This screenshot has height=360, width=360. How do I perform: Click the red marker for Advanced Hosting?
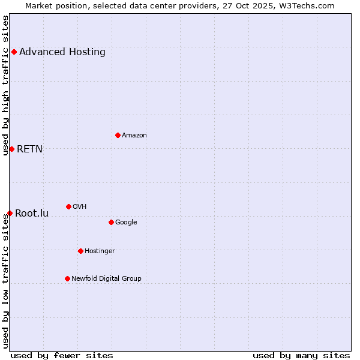click(14, 52)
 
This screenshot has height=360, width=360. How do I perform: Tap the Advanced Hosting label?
click(62, 52)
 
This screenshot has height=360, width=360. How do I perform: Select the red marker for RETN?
click(11, 149)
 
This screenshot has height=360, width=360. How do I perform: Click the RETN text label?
click(29, 149)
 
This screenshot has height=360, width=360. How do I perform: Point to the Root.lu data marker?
click(10, 213)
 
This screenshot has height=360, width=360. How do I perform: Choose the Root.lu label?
click(32, 213)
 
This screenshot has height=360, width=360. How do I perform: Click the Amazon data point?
click(118, 135)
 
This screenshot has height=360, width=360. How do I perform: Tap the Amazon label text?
click(134, 135)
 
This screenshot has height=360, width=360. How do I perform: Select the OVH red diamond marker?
click(68, 206)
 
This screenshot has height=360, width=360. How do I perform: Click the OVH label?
click(80, 206)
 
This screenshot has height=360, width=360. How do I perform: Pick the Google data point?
click(111, 222)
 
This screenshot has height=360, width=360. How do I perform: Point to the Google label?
click(126, 222)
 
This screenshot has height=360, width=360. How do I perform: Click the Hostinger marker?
click(80, 251)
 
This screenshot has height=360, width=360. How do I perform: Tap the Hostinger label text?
click(100, 251)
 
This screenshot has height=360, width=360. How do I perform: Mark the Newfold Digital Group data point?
click(67, 278)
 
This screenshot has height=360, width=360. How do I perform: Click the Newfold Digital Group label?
click(106, 278)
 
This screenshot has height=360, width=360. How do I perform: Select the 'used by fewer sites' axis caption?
click(62, 355)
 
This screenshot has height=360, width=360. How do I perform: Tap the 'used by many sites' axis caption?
click(301, 355)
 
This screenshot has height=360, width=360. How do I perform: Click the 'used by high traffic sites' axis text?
click(5, 85)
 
